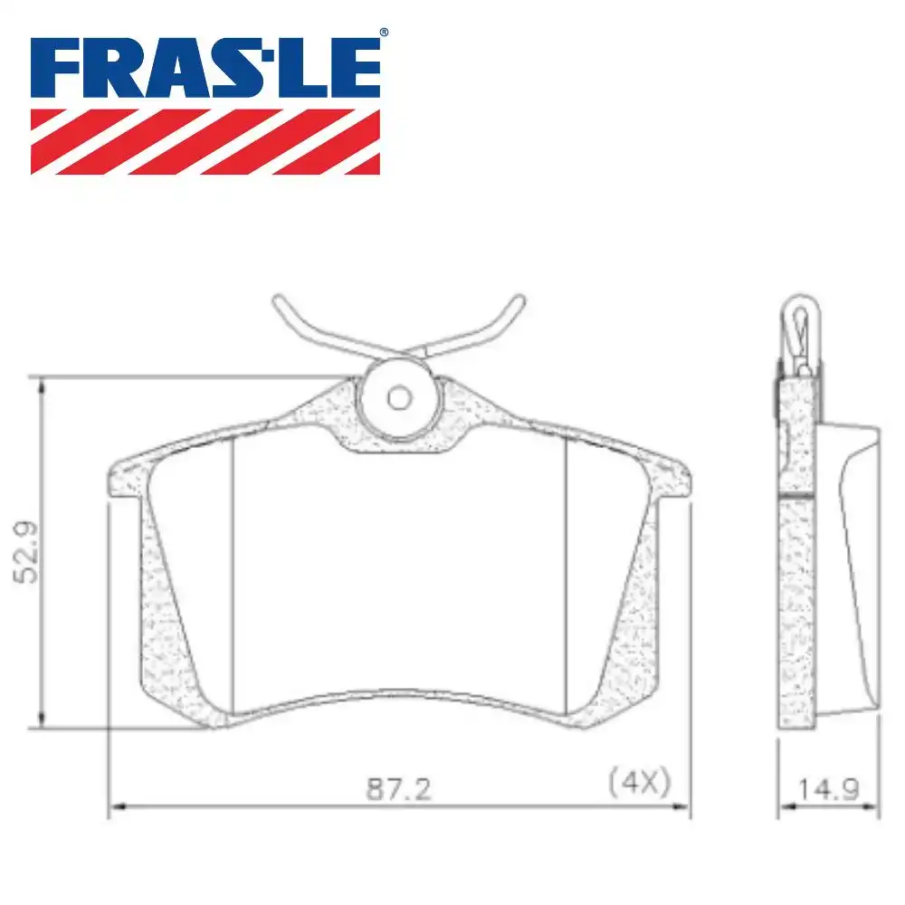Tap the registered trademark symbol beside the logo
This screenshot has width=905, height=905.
384,33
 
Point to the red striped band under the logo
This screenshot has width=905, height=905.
205,141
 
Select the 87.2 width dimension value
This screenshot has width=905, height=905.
399,789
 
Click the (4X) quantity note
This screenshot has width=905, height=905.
639,781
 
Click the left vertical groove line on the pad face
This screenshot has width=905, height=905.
233,570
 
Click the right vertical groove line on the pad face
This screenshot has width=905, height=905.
566,570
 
